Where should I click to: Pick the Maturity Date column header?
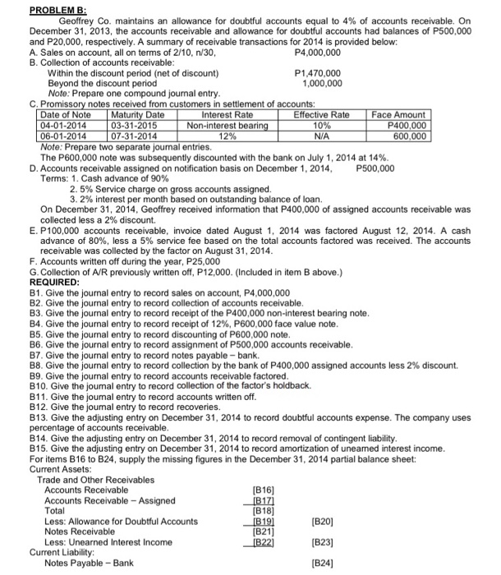[137, 114]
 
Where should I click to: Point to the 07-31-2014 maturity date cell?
[137, 136]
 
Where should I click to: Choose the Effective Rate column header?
[321, 114]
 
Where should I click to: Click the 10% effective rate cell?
[321, 125]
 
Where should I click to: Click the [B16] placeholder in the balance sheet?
[263, 490]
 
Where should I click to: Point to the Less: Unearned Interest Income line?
[108, 541]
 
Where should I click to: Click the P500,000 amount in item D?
[375, 168]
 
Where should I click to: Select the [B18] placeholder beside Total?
[263, 511]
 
